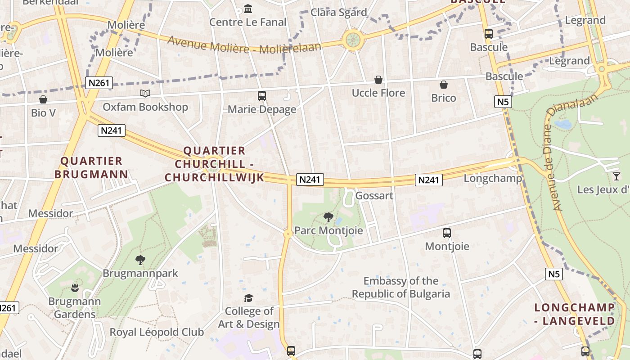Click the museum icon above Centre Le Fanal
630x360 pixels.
(x=247, y=9)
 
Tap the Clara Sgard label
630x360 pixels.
(x=339, y=12)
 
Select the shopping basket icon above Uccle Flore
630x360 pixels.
(x=378, y=80)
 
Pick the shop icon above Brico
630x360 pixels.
(x=444, y=85)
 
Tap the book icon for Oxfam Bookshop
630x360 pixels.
(x=145, y=93)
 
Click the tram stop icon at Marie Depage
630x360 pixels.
(x=262, y=95)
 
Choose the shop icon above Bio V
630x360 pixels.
(x=43, y=99)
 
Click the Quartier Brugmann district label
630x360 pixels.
(x=91, y=167)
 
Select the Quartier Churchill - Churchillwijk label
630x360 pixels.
(x=214, y=164)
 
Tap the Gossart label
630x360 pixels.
(x=374, y=196)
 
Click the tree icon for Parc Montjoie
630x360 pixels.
(x=328, y=217)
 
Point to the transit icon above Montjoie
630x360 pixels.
(x=447, y=233)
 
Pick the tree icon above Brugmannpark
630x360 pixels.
(x=140, y=260)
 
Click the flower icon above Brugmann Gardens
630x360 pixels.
(x=75, y=288)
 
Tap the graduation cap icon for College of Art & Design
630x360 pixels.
(x=248, y=298)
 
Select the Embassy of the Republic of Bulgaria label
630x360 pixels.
(x=401, y=288)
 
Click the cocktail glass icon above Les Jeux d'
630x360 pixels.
(x=616, y=176)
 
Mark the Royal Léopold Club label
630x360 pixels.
(x=157, y=333)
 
